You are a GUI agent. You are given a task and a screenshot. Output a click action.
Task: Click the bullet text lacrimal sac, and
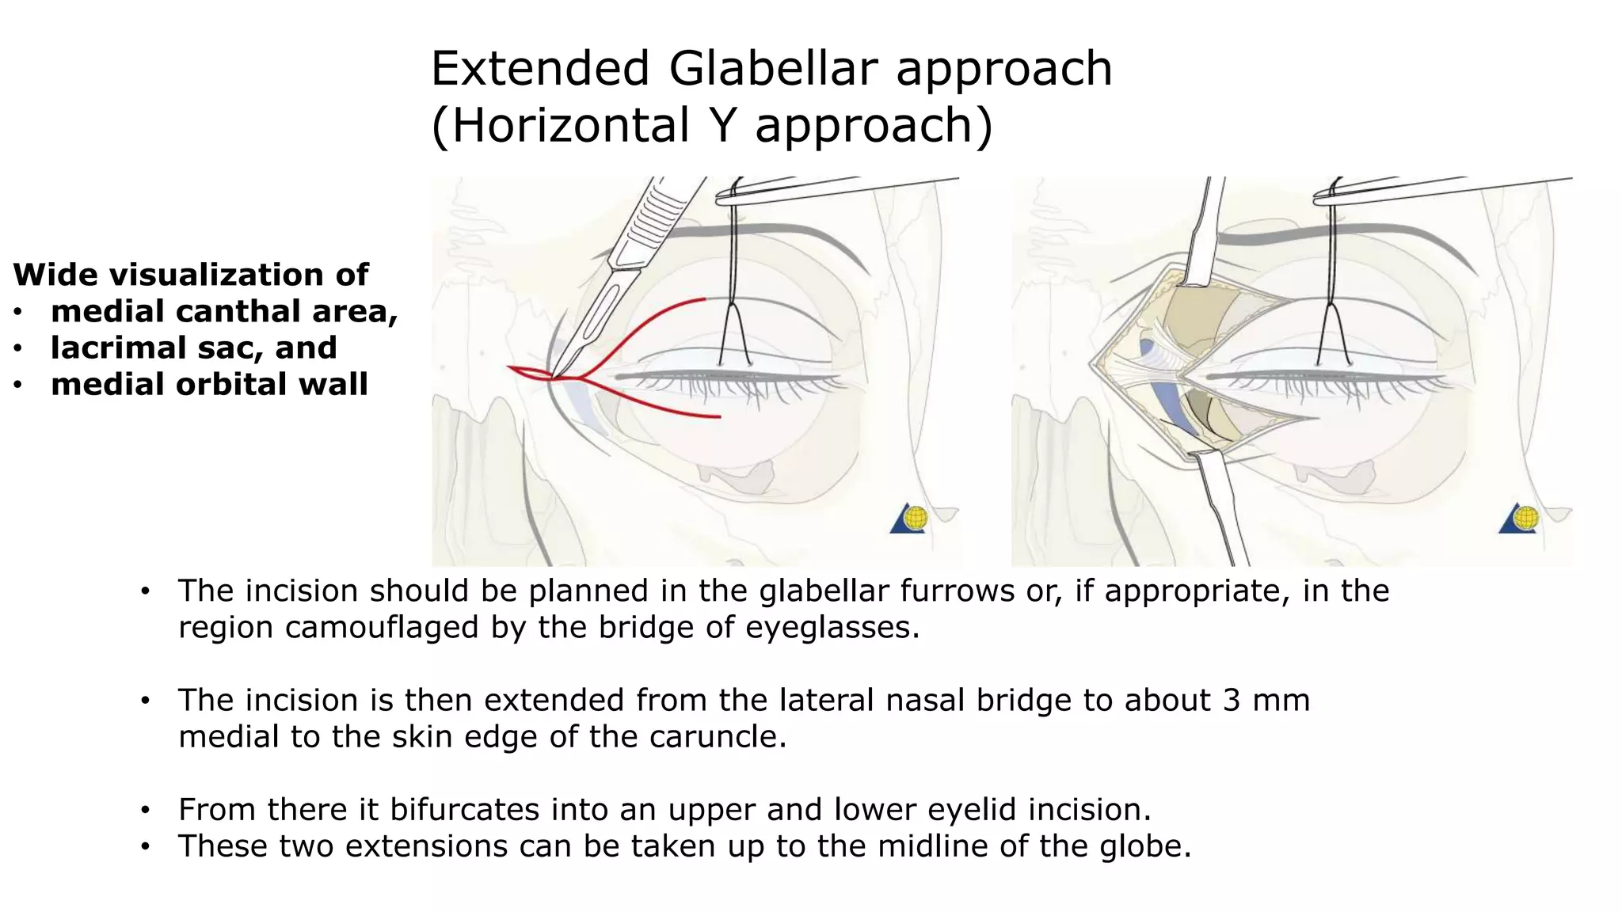point(194,348)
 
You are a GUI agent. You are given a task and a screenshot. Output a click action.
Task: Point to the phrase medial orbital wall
point(209,384)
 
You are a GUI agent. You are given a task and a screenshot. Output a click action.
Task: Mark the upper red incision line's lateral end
point(704,299)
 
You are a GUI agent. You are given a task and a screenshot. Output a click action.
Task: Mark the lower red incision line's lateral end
point(719,416)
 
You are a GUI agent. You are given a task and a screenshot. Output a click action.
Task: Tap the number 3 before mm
point(1230,700)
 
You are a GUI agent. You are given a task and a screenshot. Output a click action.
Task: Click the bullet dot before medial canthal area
point(17,312)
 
